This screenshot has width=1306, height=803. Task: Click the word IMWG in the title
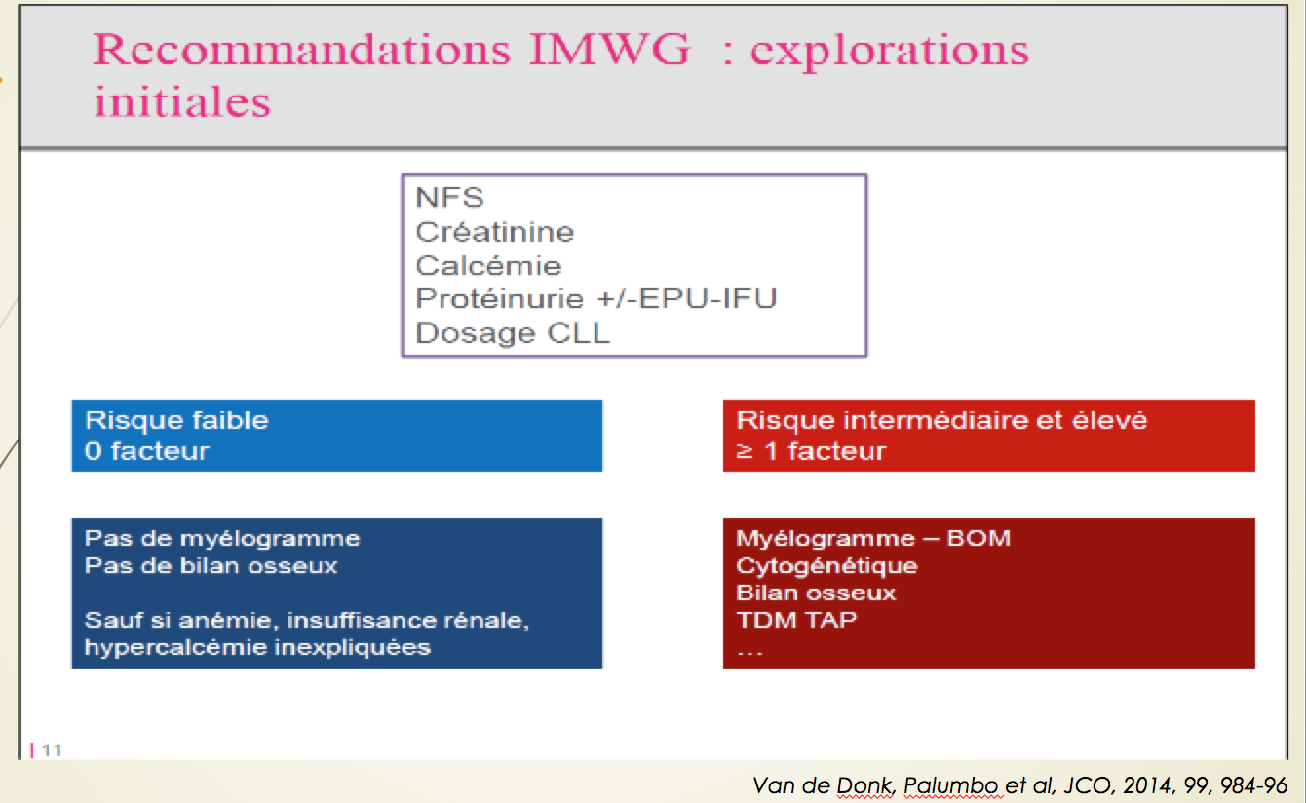coord(609,50)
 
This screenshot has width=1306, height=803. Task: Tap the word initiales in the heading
coord(182,101)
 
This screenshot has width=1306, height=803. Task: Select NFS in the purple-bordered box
coord(449,197)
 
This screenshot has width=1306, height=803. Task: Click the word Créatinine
coord(494,232)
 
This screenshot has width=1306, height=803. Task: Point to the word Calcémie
coord(488,265)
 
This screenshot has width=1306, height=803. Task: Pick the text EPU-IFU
coord(709,298)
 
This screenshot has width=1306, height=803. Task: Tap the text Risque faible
coord(176,420)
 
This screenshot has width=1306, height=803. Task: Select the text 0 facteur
coord(147,451)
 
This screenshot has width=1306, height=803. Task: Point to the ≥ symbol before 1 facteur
coord(745,452)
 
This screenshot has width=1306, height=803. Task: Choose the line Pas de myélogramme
coord(222,538)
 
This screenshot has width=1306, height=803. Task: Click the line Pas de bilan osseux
coord(211,565)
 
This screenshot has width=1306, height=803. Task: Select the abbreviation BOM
coord(979,538)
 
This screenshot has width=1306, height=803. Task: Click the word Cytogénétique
coord(826,566)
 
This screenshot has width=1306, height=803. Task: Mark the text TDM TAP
coord(796,620)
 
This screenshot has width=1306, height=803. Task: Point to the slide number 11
coord(52,750)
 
